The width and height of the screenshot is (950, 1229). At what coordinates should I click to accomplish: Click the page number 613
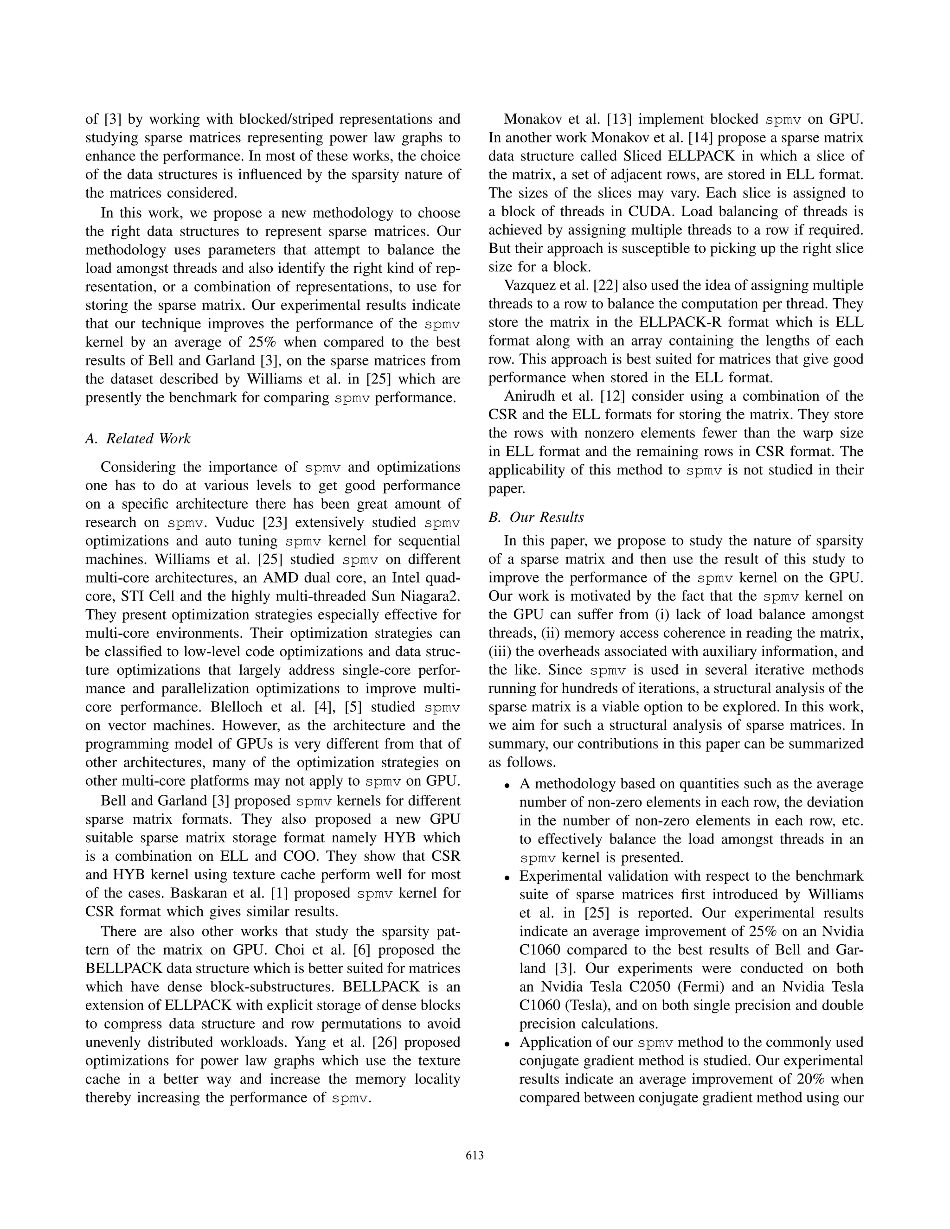pyautogui.click(x=475, y=1156)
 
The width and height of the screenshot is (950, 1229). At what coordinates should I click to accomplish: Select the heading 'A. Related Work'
pyautogui.click(x=138, y=438)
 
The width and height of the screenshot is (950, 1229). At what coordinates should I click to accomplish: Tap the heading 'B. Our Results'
pyautogui.click(x=536, y=517)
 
